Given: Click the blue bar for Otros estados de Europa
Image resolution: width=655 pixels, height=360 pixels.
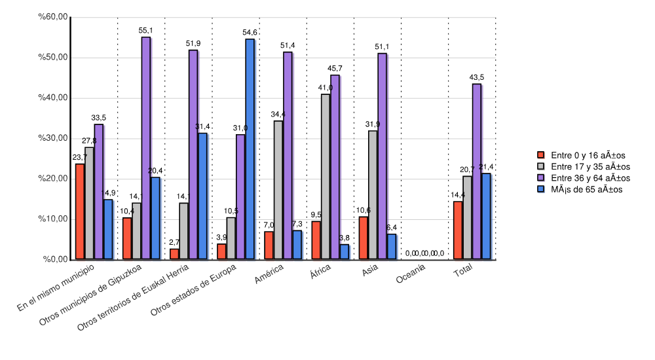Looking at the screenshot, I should (x=250, y=149).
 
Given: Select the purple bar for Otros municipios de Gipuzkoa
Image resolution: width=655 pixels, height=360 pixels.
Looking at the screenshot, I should (x=145, y=148).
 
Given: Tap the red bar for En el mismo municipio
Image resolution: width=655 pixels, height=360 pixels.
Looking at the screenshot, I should (x=79, y=211).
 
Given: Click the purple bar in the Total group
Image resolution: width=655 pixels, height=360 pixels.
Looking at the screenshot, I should (x=476, y=171).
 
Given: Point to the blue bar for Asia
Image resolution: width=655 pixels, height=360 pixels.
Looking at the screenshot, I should (x=392, y=247).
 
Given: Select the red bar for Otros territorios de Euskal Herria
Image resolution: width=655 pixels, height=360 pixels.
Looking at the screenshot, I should (x=174, y=254).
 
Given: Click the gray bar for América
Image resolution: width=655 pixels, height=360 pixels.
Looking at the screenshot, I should (x=278, y=190).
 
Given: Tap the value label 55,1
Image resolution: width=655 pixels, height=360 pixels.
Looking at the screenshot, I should (x=145, y=31).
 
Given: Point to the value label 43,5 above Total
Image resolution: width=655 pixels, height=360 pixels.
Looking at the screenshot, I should (x=476, y=78).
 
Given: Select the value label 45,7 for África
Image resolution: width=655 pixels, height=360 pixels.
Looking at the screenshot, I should (x=335, y=69).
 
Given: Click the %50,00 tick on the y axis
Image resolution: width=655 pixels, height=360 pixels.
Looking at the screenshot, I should (x=54, y=57).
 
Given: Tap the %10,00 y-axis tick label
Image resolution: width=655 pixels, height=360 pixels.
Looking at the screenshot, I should (x=54, y=219).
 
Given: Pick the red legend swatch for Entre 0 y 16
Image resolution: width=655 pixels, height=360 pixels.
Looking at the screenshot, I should (x=541, y=155).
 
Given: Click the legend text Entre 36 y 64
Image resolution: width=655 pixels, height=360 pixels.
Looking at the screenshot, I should (x=590, y=178).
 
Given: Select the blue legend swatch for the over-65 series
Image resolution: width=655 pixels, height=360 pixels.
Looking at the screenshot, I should (x=541, y=189).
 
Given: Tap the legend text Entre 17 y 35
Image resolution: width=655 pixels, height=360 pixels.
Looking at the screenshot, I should (x=590, y=167).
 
